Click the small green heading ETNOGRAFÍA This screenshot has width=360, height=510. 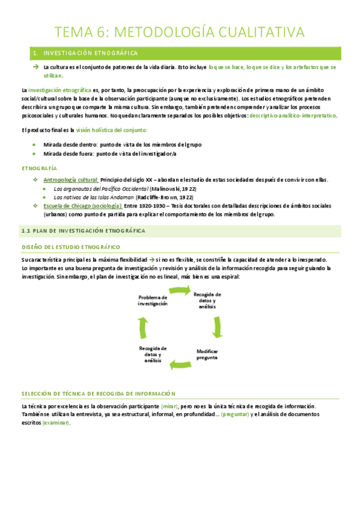39,168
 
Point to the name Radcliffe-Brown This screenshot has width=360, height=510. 157,197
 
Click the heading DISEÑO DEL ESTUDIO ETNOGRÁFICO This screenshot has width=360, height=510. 71,247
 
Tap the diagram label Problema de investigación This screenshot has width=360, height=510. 153,301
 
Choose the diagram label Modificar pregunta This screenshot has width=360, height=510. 207,354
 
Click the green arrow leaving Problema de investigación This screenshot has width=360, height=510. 180,291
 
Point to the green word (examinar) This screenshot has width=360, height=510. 55,423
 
